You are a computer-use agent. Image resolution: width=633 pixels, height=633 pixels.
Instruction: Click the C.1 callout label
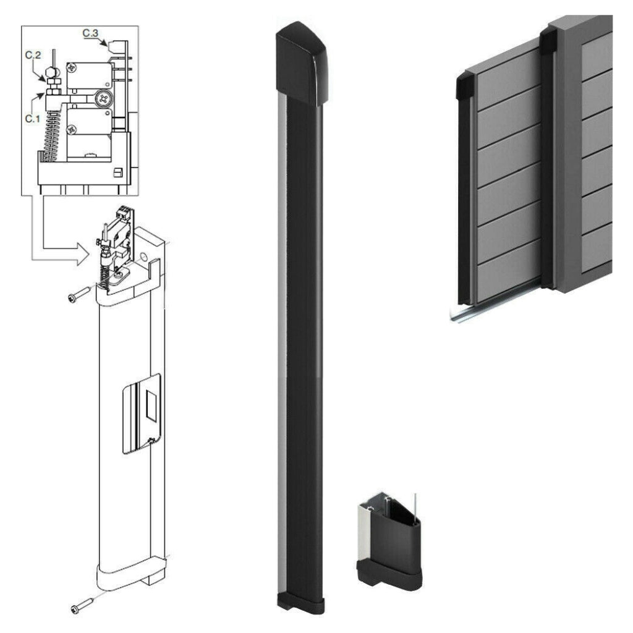33,119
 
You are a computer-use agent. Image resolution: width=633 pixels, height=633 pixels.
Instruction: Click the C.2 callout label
33,55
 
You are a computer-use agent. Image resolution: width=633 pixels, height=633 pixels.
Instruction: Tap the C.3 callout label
90,33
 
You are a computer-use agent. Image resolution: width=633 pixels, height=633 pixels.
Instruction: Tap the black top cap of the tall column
302,64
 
